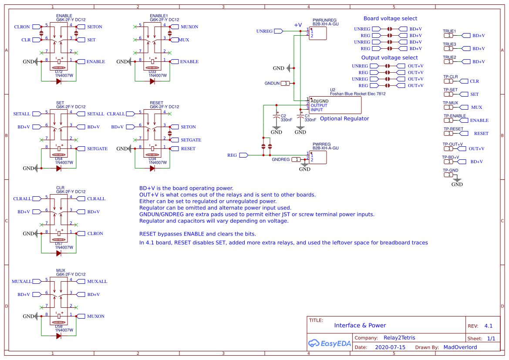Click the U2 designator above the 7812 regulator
[333, 90]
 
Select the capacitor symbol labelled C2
[276, 117]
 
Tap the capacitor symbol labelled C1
[300, 117]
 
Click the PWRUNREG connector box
[317, 33]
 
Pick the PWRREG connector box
[317, 157]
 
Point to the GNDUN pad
[285, 83]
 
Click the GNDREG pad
[297, 160]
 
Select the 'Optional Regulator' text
[344, 119]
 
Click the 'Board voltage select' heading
[390, 19]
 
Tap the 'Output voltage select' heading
[389, 58]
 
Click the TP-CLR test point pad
[448, 81]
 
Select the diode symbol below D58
[58, 336]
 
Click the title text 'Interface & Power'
[360, 326]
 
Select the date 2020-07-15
[390, 347]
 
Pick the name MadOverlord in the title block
[460, 347]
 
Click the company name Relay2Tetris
[399, 338]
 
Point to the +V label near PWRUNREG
[297, 25]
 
